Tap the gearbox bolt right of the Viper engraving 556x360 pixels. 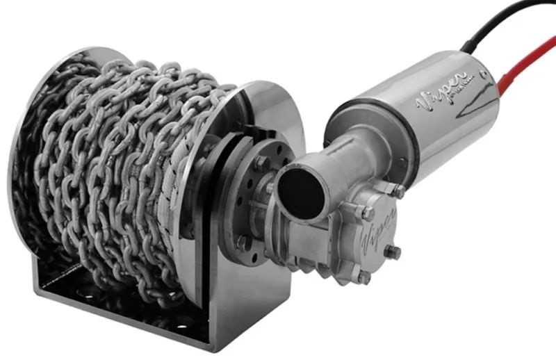tap(393, 251)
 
